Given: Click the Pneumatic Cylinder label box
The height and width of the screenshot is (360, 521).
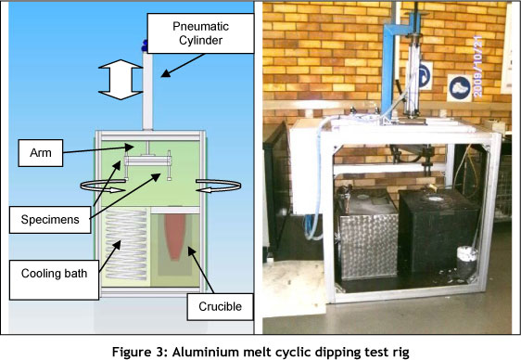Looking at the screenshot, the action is pyautogui.click(x=200, y=33).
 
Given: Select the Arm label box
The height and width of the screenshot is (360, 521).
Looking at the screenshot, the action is pyautogui.click(x=41, y=153).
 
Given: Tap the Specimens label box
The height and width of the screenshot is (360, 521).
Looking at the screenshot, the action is pyautogui.click(x=50, y=220).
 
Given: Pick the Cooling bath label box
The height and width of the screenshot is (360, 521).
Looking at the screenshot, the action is pyautogui.click(x=54, y=280).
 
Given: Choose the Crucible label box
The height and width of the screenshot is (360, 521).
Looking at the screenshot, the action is pyautogui.click(x=220, y=306).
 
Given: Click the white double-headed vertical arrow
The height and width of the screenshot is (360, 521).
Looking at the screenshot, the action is pyautogui.click(x=121, y=80).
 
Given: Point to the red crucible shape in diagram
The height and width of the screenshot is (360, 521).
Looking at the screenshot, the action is pyautogui.click(x=175, y=237).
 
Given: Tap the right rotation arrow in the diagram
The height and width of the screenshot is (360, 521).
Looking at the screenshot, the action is pyautogui.click(x=218, y=186).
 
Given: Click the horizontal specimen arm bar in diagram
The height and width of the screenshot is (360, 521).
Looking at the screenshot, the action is pyautogui.click(x=147, y=161).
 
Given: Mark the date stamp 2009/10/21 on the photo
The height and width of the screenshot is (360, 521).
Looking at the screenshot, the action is pyautogui.click(x=477, y=67).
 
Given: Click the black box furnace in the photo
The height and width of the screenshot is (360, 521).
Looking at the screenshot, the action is pyautogui.click(x=438, y=231).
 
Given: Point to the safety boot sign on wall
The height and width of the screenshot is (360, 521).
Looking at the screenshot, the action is pyautogui.click(x=459, y=88).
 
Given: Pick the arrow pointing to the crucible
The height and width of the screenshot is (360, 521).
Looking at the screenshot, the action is pyautogui.click(x=200, y=270).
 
